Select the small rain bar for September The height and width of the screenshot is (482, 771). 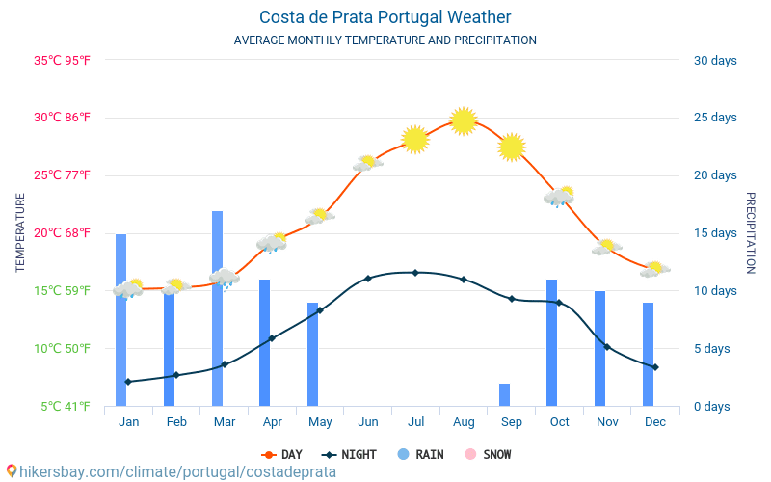(x=504, y=395)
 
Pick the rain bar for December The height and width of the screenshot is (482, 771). (x=648, y=355)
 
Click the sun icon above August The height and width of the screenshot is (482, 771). (x=464, y=121)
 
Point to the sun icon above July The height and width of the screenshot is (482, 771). (x=415, y=139)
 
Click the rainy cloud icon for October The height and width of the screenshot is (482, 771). (x=559, y=197)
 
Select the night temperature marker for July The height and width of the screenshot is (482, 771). (x=415, y=273)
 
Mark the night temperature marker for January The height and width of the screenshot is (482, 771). (x=128, y=382)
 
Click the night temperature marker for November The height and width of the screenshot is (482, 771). (x=607, y=347)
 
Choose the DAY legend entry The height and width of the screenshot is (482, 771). (x=282, y=455)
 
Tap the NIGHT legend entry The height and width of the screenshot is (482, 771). (x=350, y=455)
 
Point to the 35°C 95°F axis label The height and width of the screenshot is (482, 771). (x=63, y=61)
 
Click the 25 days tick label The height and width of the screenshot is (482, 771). (x=715, y=118)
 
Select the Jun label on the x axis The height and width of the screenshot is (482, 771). (x=367, y=422)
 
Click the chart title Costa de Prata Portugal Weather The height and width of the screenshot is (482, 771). (x=385, y=17)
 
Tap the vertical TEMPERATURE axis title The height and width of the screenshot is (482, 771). (x=20, y=232)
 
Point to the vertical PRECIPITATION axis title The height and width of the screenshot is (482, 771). (x=751, y=232)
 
